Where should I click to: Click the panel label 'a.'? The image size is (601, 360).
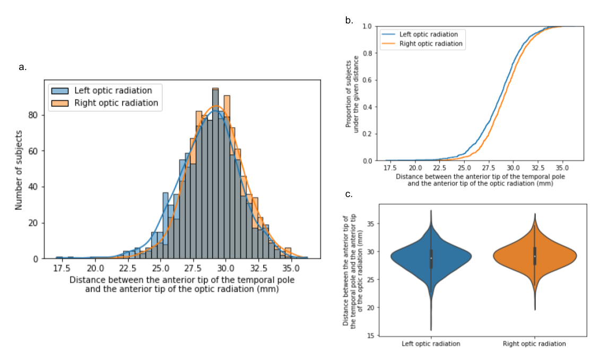(22, 67)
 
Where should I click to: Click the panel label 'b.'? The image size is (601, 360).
(349, 21)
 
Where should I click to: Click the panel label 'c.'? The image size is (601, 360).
(349, 194)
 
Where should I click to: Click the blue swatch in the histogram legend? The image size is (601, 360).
(60, 91)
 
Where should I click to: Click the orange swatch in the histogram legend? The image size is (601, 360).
(60, 103)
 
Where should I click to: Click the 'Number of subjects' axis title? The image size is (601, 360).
(19, 169)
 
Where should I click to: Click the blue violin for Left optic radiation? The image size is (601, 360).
(431, 258)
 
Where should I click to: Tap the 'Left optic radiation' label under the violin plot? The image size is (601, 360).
(431, 344)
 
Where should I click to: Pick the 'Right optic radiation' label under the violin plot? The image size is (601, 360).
(534, 344)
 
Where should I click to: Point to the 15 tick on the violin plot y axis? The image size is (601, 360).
(371, 335)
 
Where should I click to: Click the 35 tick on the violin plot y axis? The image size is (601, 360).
(371, 224)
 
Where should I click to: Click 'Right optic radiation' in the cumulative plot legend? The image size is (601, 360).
(431, 44)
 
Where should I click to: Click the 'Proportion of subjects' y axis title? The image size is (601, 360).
(349, 93)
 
